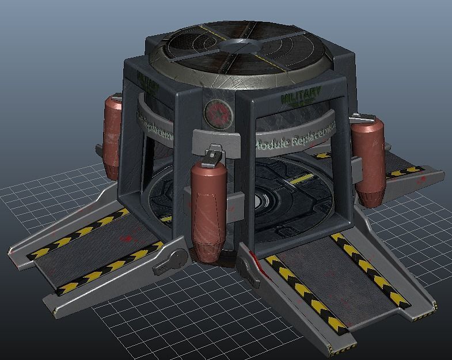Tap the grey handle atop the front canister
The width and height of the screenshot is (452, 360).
click(212, 153)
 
